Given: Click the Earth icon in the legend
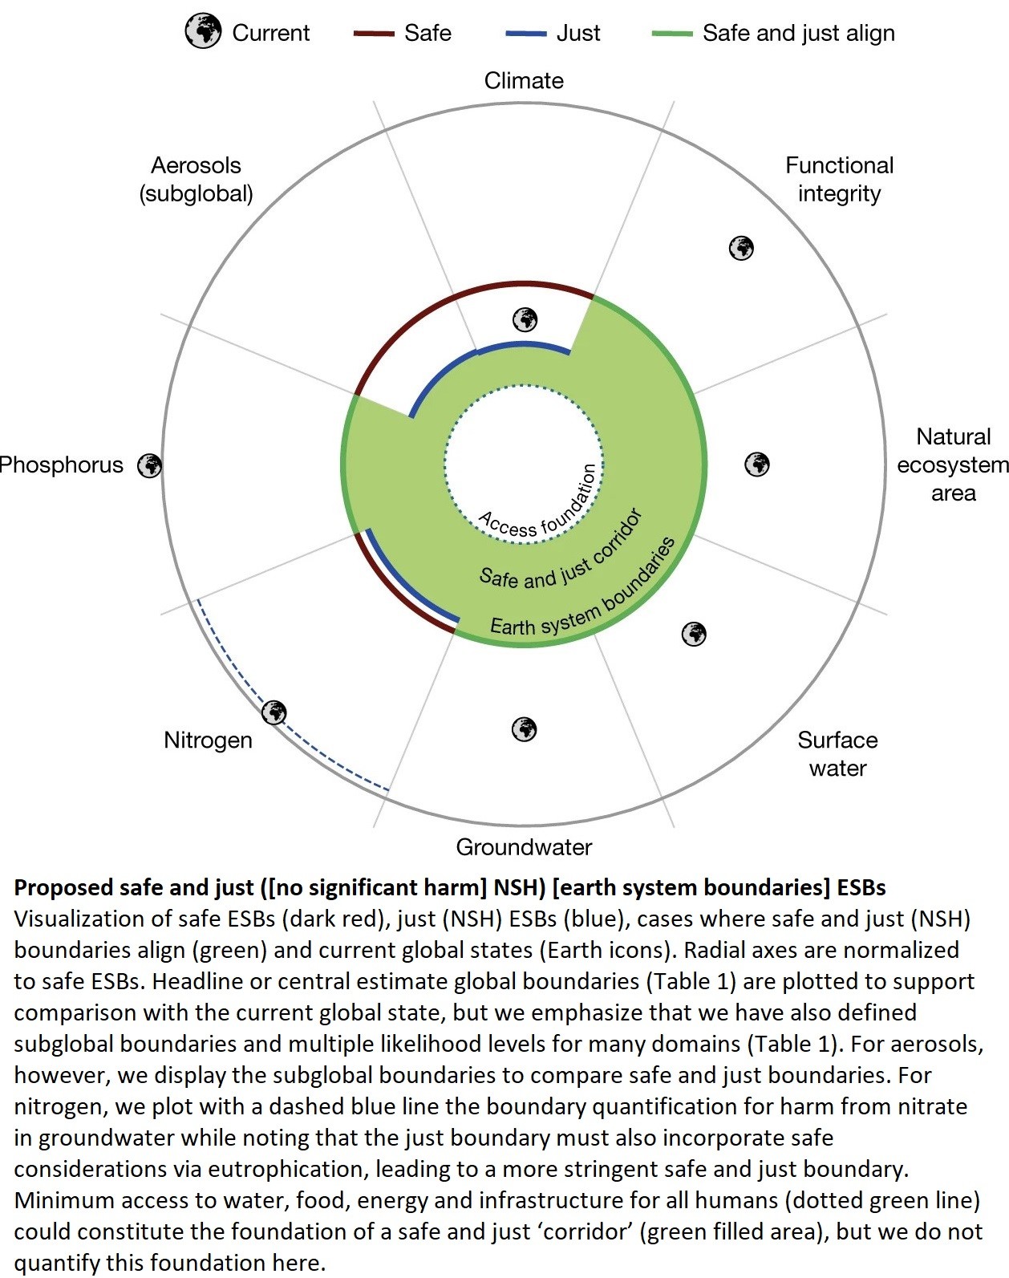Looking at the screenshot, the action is click(202, 31).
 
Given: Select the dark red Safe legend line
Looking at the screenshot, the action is click(374, 34).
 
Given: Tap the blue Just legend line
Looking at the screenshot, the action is click(526, 34).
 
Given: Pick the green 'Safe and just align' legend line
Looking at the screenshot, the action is click(672, 34).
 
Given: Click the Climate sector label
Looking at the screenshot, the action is click(524, 81).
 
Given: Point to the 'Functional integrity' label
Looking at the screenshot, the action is click(839, 180).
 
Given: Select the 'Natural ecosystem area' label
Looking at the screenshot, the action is click(953, 465).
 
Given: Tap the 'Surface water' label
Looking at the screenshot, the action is click(837, 753).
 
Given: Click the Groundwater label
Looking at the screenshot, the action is click(524, 847).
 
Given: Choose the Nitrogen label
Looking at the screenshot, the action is click(208, 740).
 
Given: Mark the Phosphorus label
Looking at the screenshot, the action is click(61, 465).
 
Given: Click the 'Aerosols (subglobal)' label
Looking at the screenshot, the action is click(196, 180).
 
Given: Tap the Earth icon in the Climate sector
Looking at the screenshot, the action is click(525, 319).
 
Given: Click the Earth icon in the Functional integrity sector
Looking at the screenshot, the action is click(741, 248).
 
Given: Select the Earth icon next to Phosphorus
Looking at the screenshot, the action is click(150, 465).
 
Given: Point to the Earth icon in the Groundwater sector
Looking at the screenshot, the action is click(524, 729).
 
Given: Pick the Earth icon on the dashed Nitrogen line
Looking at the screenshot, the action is click(274, 712).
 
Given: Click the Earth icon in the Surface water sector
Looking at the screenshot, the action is click(694, 634).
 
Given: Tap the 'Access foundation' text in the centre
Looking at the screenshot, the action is click(538, 504).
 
